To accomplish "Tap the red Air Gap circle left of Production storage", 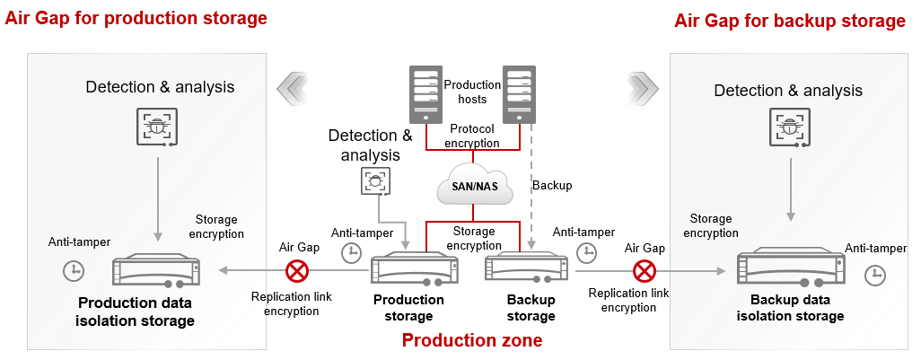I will (x=296, y=270).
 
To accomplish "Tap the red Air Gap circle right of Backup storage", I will (x=643, y=270).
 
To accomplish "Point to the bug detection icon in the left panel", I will (x=158, y=126).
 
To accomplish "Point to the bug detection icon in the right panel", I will (x=790, y=127).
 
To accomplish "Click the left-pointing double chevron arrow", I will (x=294, y=87).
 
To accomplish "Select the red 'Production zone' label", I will (x=471, y=341).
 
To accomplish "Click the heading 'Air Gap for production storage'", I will (x=136, y=18).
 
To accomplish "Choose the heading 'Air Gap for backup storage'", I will (x=789, y=21).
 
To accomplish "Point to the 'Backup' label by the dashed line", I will (x=552, y=186).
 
